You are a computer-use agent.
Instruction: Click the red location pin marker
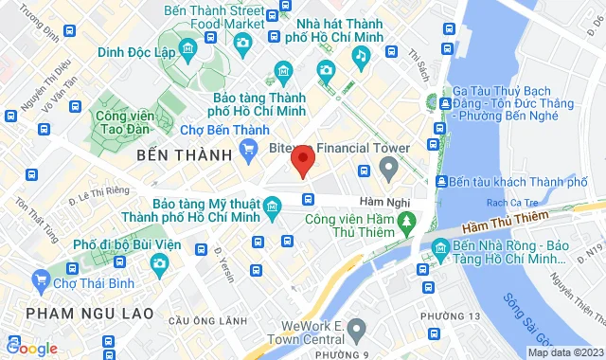(x=302, y=160)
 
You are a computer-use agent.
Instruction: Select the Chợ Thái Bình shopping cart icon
(x=40, y=279)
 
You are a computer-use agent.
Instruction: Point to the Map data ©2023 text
(x=563, y=352)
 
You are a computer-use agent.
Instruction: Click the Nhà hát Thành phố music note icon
(x=360, y=56)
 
